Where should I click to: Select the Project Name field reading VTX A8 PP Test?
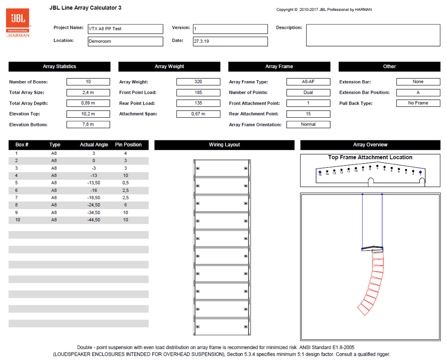coord(125,29)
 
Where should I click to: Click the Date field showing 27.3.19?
coord(230,41)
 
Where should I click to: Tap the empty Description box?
coord(373,35)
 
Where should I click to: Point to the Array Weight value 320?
coord(198,82)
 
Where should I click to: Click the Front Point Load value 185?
coord(198,92)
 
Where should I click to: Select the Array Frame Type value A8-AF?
coord(308,82)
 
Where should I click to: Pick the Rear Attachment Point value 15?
coord(308,114)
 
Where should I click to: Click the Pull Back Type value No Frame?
coord(418,103)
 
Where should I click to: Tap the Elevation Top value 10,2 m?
coord(88,114)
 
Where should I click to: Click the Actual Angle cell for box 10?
coord(93,220)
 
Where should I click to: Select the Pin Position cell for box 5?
coord(125,183)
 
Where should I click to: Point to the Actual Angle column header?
coord(93,145)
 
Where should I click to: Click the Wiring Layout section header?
coord(224,145)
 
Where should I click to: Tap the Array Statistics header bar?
coord(59,67)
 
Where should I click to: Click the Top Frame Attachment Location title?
coord(370,157)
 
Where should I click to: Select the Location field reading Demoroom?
coord(125,41)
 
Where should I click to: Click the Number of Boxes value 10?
coord(88,82)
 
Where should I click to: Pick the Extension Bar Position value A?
coord(418,92)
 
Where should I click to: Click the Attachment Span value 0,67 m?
coord(198,114)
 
